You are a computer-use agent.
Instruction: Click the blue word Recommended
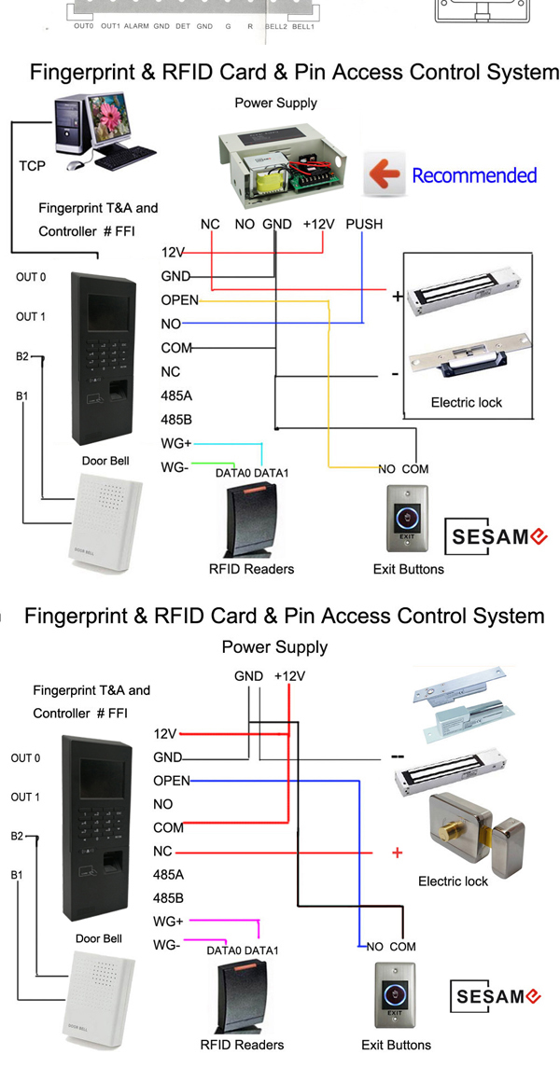click(474, 175)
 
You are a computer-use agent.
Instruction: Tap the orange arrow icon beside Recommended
click(383, 174)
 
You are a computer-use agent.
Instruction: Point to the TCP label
click(32, 166)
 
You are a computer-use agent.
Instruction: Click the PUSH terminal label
click(364, 224)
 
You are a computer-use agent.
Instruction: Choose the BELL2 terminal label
click(275, 27)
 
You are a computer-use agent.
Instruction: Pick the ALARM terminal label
click(136, 27)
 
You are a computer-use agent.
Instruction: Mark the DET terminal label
click(184, 27)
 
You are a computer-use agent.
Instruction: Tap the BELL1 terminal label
click(302, 27)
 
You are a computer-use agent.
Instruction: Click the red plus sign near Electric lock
click(399, 853)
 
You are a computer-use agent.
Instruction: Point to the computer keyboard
click(125, 161)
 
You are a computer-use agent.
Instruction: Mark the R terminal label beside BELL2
click(250, 27)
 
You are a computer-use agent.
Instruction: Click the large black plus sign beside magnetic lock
click(398, 298)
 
